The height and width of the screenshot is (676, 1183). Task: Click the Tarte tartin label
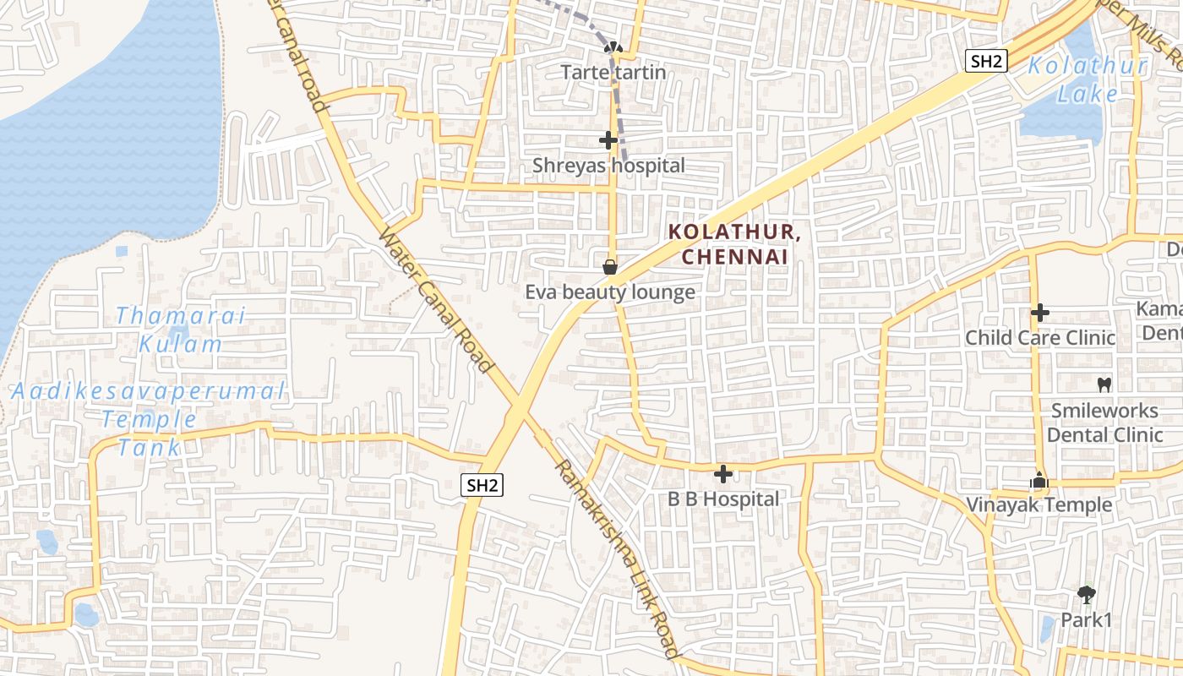613,73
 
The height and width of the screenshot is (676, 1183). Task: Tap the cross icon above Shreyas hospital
608,140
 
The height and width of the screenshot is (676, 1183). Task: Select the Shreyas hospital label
608,166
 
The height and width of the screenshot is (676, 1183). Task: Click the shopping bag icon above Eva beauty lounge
610,268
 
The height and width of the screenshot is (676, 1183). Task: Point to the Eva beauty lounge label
610,292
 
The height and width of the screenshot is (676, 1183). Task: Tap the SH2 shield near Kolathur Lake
986,61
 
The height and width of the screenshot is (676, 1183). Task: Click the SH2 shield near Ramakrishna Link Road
482,485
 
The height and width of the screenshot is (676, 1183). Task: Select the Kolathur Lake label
1088,79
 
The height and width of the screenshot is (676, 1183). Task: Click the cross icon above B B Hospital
723,474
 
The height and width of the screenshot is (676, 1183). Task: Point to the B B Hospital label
723,499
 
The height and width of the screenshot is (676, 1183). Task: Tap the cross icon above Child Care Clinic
1040,313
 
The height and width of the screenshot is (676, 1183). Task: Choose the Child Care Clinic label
1040,338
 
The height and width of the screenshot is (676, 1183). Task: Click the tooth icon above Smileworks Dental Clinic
1104,384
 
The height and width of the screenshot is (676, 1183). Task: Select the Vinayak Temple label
1039,505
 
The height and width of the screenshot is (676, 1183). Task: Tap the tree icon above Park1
1087,595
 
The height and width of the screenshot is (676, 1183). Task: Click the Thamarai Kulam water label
181,330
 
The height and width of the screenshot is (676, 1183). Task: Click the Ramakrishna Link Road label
617,559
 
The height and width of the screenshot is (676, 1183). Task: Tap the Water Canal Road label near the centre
436,301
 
